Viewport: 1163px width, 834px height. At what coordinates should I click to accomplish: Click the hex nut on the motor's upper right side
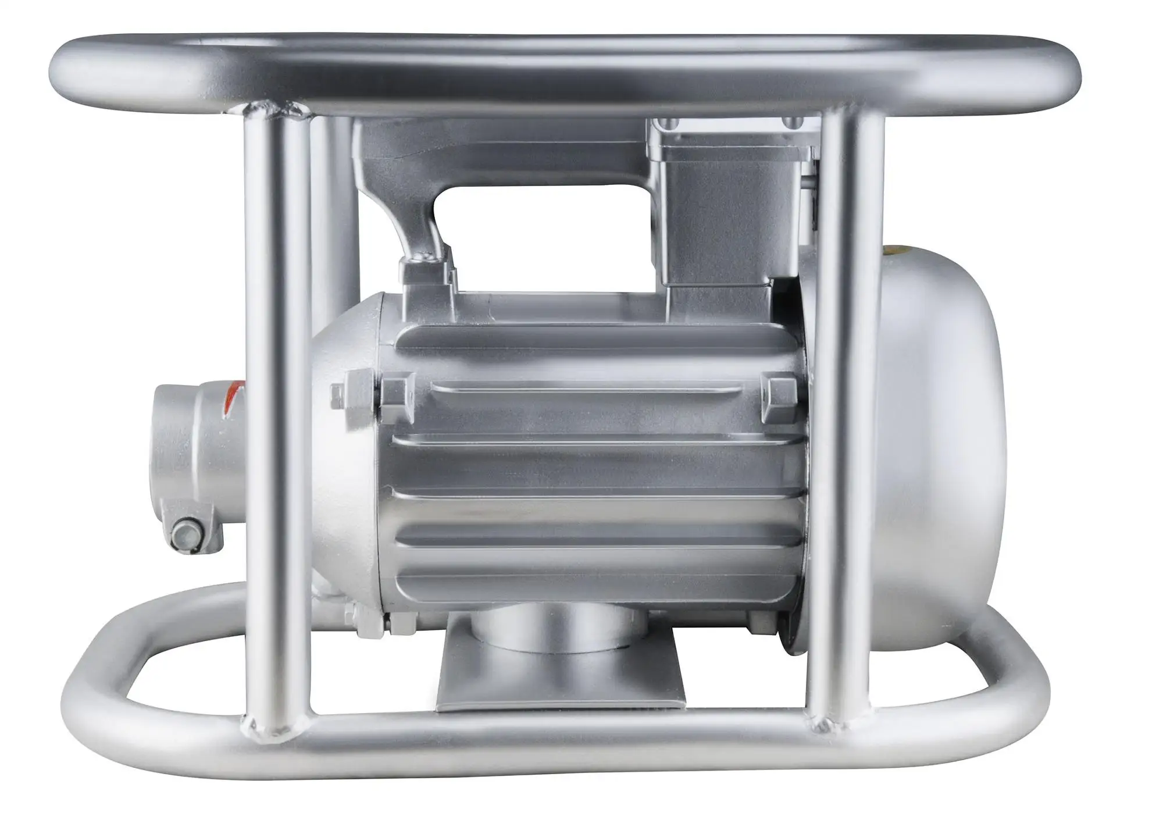point(776,390)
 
